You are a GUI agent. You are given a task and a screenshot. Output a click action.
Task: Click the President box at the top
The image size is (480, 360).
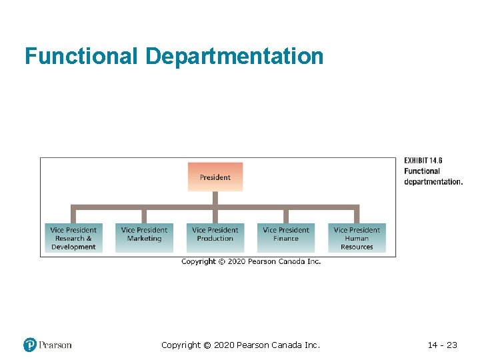pyautogui.click(x=215, y=177)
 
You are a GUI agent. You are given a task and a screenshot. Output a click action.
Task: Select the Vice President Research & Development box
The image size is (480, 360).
pyautogui.click(x=73, y=238)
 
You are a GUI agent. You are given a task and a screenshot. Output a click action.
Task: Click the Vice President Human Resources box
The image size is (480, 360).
pyautogui.click(x=357, y=238)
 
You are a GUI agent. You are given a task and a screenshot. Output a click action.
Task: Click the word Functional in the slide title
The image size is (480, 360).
pyautogui.click(x=81, y=56)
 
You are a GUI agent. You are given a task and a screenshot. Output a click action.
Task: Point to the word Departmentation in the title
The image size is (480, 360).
pyautogui.click(x=234, y=56)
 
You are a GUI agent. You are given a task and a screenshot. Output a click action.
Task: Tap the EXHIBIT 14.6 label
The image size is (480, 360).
pyautogui.click(x=423, y=161)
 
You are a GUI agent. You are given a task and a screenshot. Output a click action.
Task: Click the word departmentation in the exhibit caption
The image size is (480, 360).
pyautogui.click(x=433, y=182)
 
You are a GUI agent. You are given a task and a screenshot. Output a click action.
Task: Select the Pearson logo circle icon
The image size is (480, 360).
pyautogui.click(x=30, y=345)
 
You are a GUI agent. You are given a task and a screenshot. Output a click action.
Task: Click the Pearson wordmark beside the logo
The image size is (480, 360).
pyautogui.click(x=55, y=345)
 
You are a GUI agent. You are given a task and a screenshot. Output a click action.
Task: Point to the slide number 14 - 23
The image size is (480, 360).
pyautogui.click(x=442, y=345)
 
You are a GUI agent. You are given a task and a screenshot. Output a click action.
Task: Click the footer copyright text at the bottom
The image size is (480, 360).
pyautogui.click(x=241, y=345)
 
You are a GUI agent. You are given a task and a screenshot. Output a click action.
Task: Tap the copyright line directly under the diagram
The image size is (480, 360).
pyautogui.click(x=251, y=261)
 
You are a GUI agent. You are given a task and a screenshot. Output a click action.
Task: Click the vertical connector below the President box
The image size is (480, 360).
pyautogui.click(x=215, y=199)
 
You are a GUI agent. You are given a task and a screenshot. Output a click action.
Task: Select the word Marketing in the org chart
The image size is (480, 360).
pyautogui.click(x=144, y=239)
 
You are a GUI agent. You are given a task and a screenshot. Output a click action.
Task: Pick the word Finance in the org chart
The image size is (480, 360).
pyautogui.click(x=286, y=239)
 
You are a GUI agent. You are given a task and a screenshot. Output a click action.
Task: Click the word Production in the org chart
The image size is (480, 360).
pyautogui.click(x=215, y=239)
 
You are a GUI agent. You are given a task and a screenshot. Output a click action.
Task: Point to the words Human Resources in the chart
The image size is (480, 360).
pyautogui.click(x=357, y=243)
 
